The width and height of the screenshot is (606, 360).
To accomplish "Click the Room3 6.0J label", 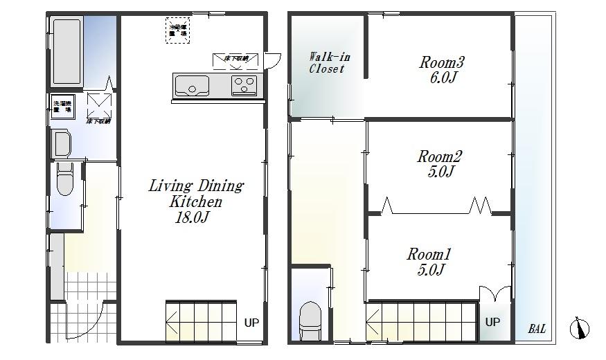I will coord(441,69).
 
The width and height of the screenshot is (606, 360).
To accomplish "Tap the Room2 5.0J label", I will coord(439,163).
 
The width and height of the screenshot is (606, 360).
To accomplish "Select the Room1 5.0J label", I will coord(429,262).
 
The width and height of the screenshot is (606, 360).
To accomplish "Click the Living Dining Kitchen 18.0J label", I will coord(196,201).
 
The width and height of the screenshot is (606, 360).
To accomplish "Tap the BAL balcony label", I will coord(537,329).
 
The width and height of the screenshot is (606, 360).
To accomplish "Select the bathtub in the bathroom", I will coord(67,52).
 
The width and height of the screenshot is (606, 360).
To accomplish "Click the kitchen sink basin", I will coord(193,87).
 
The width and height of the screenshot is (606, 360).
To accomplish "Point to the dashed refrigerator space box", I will coord(177,32).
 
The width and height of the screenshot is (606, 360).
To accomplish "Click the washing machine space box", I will coord(62,109).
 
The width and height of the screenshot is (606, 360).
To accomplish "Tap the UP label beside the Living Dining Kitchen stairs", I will coord(251,322).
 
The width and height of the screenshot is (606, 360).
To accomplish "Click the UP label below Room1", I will coord(492,322).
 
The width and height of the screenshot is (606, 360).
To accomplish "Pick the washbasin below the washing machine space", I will coord(62,144).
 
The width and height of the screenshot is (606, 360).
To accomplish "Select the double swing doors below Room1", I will coord(494,294).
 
